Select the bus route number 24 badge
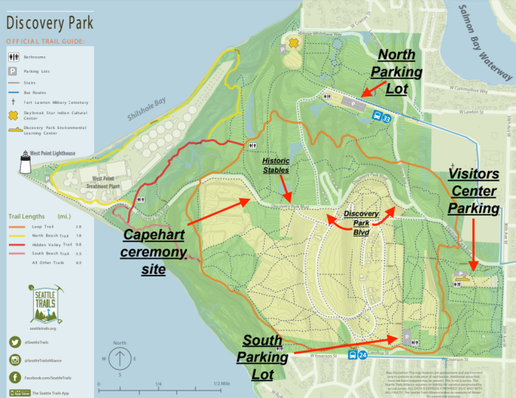point(363,354)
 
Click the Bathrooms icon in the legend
point(13,56)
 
